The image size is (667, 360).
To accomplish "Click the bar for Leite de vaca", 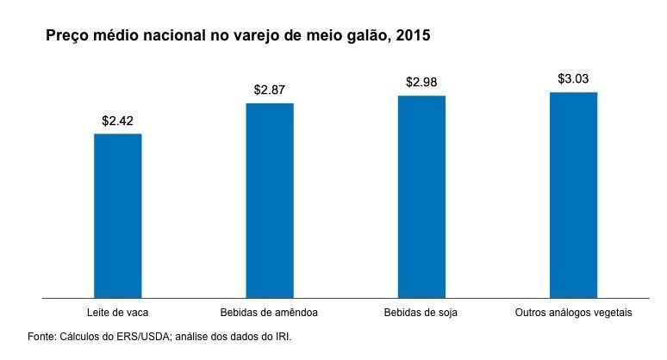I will tap(118, 215).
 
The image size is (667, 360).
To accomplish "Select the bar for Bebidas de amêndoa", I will tap(270, 200).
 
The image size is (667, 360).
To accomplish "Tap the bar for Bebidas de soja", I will tap(421, 196).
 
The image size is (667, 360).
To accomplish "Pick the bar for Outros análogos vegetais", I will tap(573, 195).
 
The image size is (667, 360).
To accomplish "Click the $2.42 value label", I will tap(118, 121).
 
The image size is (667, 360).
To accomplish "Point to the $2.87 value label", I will tap(270, 89).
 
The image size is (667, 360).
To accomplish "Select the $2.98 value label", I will tap(421, 82).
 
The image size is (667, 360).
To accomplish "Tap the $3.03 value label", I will tap(573, 78).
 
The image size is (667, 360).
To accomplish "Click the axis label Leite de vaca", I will tap(118, 312).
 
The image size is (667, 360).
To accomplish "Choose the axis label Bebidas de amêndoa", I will tap(270, 312).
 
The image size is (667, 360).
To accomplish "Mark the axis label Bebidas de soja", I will tap(421, 312).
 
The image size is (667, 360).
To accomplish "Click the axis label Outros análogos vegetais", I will tap(573, 312).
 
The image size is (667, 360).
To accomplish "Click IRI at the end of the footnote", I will tap(281, 336).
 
